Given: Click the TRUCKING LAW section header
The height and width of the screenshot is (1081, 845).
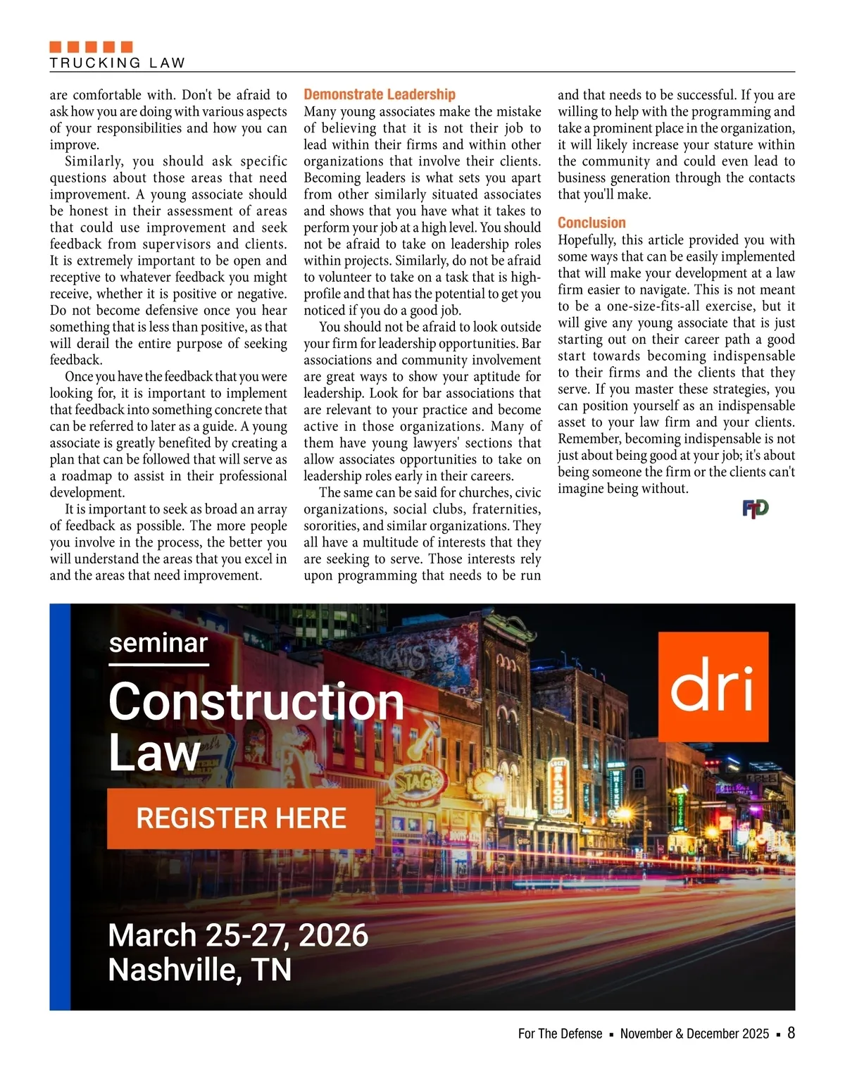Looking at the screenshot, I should pos(117,63).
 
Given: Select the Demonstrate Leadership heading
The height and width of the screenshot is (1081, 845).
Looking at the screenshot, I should pos(380,94).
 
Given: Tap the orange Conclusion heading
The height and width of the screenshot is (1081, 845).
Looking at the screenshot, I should pos(591,223).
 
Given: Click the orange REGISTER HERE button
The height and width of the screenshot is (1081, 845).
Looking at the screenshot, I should pos(241,818).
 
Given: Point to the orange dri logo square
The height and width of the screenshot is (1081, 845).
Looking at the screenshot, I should pos(713,687).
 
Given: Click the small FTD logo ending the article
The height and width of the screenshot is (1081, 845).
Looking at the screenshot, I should pos(755,508).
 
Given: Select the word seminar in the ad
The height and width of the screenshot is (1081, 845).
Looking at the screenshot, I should pos(158,643).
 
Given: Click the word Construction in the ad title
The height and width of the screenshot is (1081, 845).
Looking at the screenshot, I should pos(256,701).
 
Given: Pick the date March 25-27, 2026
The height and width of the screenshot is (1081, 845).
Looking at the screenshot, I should pos(238,935).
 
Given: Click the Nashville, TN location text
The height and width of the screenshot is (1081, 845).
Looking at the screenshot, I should pos(199,970).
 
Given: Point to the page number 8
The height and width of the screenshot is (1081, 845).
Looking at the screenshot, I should pos(791,1032).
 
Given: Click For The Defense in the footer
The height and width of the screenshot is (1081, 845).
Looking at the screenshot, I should pos(560,1034).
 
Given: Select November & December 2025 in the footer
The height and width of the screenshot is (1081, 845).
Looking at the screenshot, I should pos(694,1034).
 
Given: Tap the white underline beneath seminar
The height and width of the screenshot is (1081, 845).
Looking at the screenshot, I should pos(158,664).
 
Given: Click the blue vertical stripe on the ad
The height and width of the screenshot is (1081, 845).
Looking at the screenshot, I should pos(60,806).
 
